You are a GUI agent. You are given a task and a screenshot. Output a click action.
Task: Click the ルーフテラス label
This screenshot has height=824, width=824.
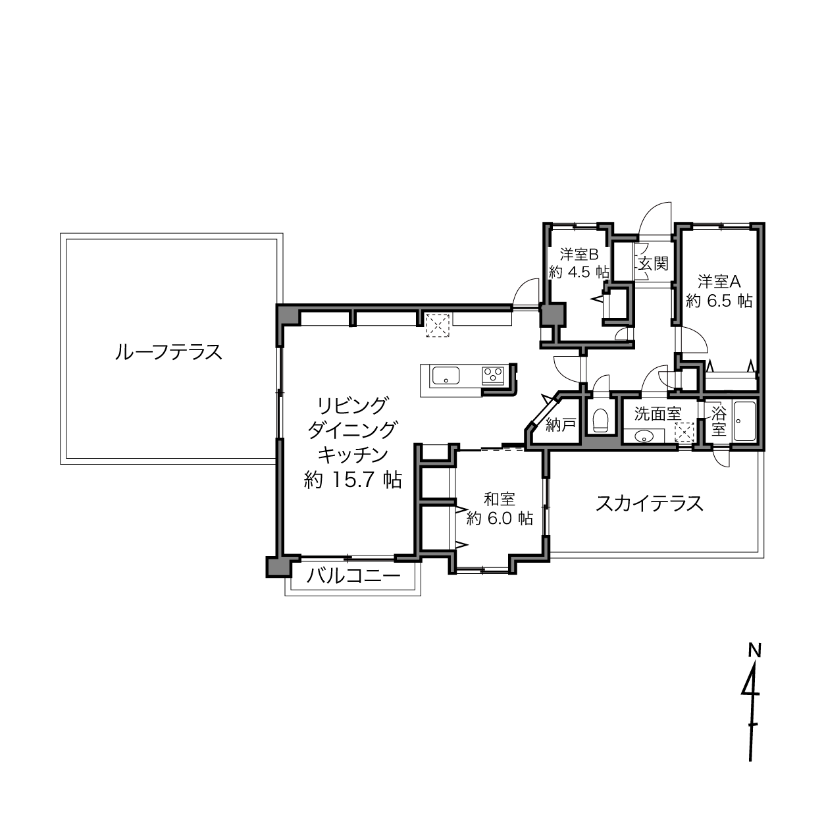coord(168,352)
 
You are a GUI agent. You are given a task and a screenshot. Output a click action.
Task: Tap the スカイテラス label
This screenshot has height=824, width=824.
coord(650,503)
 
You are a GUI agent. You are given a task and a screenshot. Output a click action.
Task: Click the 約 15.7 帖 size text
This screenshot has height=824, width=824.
coord(353,480)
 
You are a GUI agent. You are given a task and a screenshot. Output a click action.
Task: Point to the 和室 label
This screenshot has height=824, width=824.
coord(500,499)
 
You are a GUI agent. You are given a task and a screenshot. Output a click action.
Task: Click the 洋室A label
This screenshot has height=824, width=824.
coord(719,282)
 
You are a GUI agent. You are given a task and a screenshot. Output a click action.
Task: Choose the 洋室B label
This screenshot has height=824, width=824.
coord(579,255)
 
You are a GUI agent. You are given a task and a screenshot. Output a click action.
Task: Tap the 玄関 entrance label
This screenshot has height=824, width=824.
coord(654,263)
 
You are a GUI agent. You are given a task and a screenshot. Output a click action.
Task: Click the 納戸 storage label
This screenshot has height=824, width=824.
coord(561,425)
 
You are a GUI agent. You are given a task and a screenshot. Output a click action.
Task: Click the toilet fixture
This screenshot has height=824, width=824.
coord(601,421)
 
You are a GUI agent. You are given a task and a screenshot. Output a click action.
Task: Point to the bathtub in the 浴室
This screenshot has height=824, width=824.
coord(745,421)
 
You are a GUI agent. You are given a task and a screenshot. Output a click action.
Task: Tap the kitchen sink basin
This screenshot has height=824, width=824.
coord(446,375)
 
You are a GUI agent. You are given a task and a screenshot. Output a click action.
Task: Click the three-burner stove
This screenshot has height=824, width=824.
coord(494,375)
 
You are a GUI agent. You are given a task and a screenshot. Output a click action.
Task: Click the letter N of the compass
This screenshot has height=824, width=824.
coord(755,651)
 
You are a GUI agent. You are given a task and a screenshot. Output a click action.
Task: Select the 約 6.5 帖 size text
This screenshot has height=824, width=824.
coord(719,301)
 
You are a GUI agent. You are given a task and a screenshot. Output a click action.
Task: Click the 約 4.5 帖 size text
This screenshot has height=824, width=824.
coord(579,272)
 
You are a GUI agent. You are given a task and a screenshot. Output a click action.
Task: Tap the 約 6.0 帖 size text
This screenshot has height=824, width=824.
coord(500,518)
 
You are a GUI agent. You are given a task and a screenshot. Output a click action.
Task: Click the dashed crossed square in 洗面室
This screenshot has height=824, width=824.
coord(684,432)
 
